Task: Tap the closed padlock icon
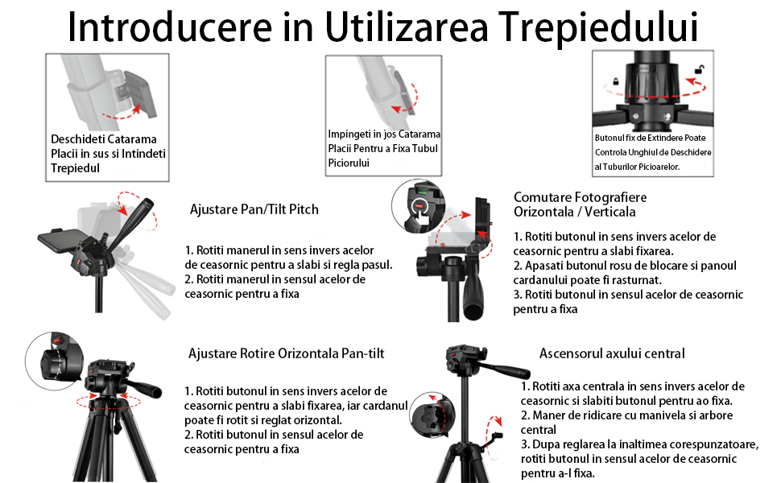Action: [x=616, y=80]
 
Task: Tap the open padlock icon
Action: [x=700, y=69]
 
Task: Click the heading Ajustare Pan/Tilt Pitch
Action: [x=254, y=209]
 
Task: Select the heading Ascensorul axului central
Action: [x=612, y=353]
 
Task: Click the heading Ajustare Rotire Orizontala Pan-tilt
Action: [x=287, y=353]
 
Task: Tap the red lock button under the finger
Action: [x=419, y=205]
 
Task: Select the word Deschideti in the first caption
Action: [x=76, y=139]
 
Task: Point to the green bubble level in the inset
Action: [x=422, y=190]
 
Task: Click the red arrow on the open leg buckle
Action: [x=122, y=113]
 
